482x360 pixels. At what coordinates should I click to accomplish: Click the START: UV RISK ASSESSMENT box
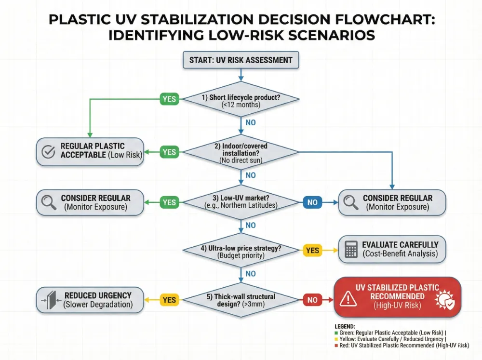pyautogui.click(x=241, y=60)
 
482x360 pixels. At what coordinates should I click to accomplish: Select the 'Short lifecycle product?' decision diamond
pyautogui.click(x=241, y=100)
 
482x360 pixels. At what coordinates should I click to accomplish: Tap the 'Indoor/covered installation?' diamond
pyautogui.click(x=241, y=152)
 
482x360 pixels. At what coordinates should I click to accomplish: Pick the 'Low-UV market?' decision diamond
pyautogui.click(x=241, y=202)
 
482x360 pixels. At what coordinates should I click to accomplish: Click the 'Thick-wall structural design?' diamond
pyautogui.click(x=241, y=300)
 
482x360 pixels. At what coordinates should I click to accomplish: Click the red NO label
pyautogui.click(x=312, y=300)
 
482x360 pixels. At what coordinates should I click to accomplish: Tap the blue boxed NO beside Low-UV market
pyautogui.click(x=312, y=202)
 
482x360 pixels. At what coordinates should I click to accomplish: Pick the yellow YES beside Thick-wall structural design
pyautogui.click(x=169, y=300)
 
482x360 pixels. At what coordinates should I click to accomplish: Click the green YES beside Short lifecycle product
pyautogui.click(x=169, y=99)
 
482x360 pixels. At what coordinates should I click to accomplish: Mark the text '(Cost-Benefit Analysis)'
pyautogui.click(x=400, y=254)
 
